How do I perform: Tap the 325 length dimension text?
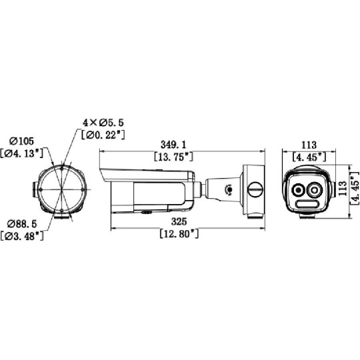179,221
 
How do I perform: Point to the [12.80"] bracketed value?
179,234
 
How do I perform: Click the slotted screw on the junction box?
254,189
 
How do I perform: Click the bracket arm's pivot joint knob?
229,189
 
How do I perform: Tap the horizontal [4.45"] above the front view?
308,157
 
